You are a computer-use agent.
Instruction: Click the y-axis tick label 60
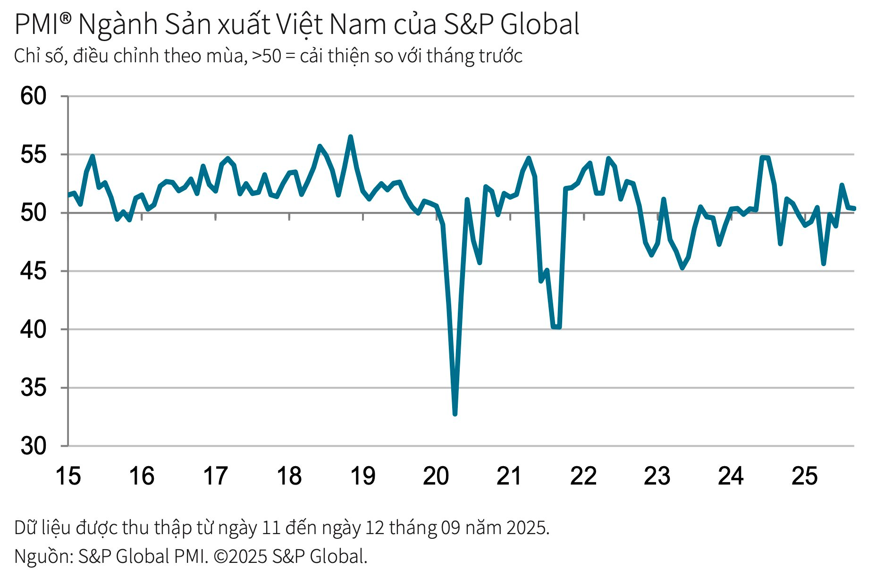point(33,96)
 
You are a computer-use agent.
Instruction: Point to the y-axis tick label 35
point(33,388)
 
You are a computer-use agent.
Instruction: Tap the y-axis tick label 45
point(33,271)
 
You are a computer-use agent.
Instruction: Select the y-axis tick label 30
point(33,446)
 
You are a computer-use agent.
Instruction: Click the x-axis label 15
point(68,476)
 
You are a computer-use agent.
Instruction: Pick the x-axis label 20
point(436,476)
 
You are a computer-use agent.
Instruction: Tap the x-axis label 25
point(804,476)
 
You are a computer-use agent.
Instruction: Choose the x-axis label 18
point(289,476)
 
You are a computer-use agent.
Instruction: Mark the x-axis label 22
point(583,476)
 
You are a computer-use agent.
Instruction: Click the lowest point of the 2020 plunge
point(455,414)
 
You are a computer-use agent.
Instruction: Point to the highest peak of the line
point(351,137)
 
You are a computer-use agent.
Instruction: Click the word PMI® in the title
point(42,25)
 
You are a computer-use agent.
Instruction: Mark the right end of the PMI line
point(854,209)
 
